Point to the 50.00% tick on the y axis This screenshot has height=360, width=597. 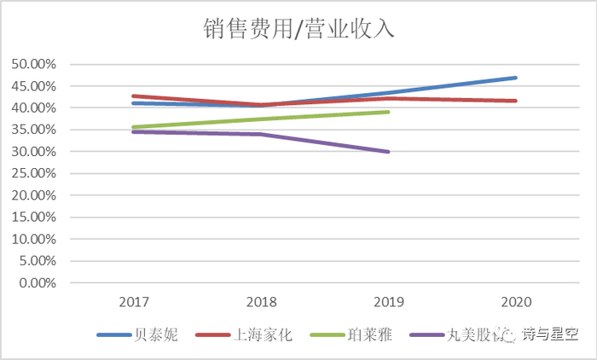coord(32,64)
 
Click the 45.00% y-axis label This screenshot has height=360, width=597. coord(32,86)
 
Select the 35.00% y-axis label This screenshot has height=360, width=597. coord(32,130)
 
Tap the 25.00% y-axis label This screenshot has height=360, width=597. coord(32,173)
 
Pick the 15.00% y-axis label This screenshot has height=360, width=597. coord(32,218)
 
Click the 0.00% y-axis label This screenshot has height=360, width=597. coord(36,283)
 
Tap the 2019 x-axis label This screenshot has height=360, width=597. coord(389,303)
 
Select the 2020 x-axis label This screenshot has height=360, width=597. coord(517,303)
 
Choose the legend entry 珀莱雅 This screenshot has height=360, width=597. coord(368,335)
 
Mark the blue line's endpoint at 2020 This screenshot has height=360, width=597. coord(517,78)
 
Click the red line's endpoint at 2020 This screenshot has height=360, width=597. coord(517,101)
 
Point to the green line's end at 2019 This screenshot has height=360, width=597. coord(389,112)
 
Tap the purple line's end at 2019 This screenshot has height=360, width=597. coord(389,152)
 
